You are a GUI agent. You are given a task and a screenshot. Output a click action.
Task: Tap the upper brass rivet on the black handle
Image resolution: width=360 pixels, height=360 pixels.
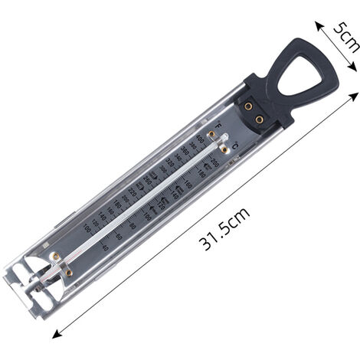[x=249, y=106]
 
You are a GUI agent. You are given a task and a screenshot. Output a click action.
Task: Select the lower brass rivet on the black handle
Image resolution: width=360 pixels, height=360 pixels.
[x=260, y=119]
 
